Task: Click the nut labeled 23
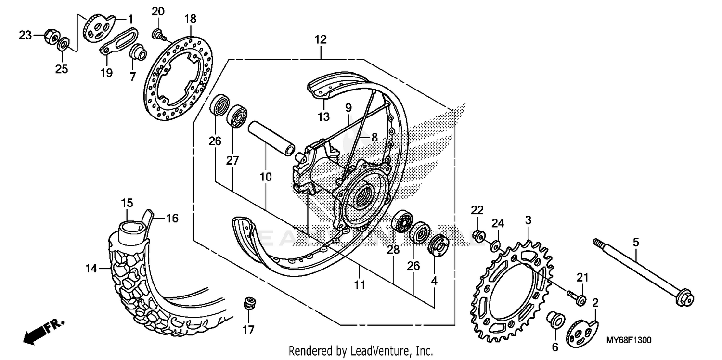[x=52, y=36]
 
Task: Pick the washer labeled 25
[x=63, y=47]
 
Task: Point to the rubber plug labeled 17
[x=249, y=304]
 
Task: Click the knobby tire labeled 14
[x=128, y=284]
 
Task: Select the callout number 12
[x=321, y=39]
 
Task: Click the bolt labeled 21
[x=577, y=299]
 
